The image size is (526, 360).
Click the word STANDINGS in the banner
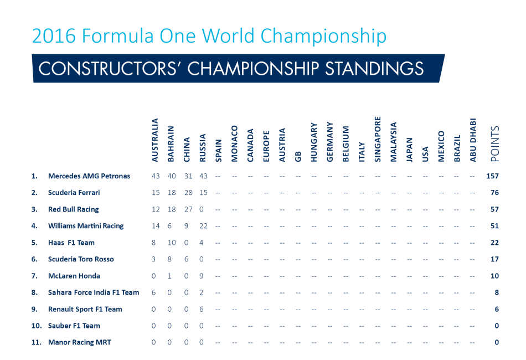[374, 69]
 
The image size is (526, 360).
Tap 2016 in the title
[54, 36]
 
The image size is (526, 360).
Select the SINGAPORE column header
[378, 139]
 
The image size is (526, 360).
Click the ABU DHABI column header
[473, 140]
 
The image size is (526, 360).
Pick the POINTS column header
[495, 143]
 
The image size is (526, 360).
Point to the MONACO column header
[235, 143]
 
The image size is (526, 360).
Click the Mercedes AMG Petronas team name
[89, 176]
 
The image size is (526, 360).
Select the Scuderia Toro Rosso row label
[81, 259]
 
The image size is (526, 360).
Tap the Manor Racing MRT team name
[80, 342]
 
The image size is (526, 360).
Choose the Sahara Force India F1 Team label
[94, 292]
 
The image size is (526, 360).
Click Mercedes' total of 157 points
[492, 176]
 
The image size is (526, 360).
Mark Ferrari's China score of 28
[188, 193]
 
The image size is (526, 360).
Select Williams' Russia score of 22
[203, 226]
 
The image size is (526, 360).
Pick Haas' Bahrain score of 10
[172, 243]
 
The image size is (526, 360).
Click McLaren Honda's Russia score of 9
[202, 276]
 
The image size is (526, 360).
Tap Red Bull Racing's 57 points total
[494, 209]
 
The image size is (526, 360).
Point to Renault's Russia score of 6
[202, 309]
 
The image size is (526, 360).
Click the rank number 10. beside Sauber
[37, 326]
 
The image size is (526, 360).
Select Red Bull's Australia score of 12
[156, 209]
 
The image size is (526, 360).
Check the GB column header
[298, 157]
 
